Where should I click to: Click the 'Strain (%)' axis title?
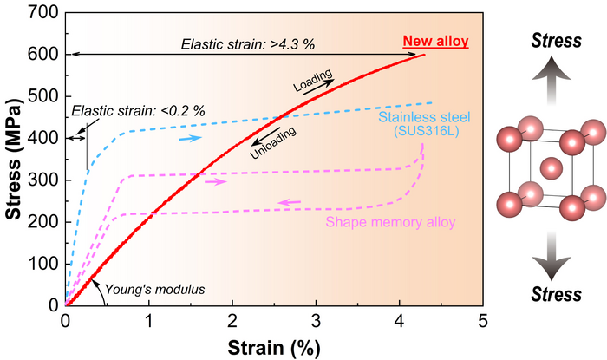click(274, 346)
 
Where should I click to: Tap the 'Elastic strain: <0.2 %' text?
click(138, 111)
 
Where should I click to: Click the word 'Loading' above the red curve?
click(311, 82)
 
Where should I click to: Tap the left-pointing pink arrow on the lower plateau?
click(290, 203)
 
